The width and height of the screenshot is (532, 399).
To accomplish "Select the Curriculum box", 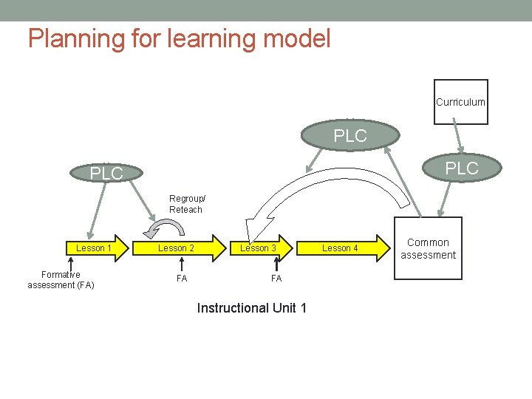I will [x=460, y=102].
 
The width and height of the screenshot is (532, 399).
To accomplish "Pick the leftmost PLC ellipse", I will [x=106, y=174].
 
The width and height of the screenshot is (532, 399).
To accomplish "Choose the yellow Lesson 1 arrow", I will [x=95, y=248].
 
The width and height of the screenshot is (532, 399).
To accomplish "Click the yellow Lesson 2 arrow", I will [x=181, y=248].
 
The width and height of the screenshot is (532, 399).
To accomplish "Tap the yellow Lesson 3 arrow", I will [x=262, y=248].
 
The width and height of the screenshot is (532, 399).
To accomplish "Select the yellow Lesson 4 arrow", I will [x=345, y=248].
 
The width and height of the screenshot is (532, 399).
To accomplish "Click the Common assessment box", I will [x=428, y=248].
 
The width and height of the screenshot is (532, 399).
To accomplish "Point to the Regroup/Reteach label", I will [x=187, y=204].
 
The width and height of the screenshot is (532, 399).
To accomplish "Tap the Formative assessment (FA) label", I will [x=61, y=280].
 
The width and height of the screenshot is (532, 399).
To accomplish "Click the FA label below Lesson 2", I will [x=181, y=279].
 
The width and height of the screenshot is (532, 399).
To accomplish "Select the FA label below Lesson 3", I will [x=276, y=279].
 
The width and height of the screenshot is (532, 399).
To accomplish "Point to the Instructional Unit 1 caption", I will [x=251, y=308].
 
